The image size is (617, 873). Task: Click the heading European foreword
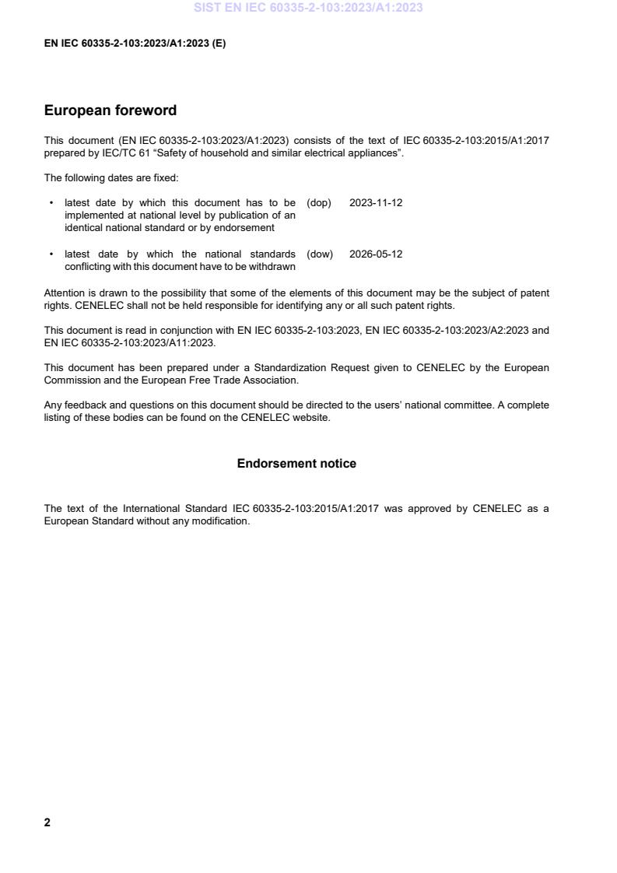(110, 110)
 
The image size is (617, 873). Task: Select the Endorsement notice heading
(296, 464)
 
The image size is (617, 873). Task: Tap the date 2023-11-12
(376, 203)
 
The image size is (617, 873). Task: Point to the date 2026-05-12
(376, 254)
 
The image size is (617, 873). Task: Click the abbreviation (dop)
(319, 203)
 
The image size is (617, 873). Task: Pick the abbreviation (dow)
(320, 254)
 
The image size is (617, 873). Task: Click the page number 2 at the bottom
(47, 822)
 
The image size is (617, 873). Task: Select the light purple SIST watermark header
(309, 9)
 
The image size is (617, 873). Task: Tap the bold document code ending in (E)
(135, 44)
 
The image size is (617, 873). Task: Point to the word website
(311, 418)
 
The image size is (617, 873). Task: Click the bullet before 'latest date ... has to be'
(51, 203)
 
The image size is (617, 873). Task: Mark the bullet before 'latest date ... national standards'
(51, 254)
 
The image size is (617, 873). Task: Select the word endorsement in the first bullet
(247, 228)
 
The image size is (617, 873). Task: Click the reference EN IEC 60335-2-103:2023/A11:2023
(130, 343)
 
